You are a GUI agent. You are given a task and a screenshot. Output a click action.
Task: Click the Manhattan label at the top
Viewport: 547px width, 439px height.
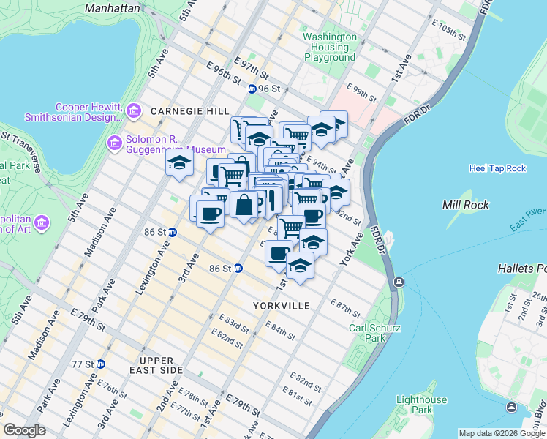tap(112, 9)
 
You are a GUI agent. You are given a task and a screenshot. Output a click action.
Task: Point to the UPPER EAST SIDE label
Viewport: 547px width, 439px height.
tap(146, 366)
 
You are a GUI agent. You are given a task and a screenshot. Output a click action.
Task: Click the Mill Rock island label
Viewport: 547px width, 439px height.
tap(465, 205)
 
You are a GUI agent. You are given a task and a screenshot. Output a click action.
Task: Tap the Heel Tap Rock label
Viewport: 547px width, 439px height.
tap(497, 168)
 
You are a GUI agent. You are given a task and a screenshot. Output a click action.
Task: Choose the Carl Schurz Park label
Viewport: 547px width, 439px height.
tap(374, 334)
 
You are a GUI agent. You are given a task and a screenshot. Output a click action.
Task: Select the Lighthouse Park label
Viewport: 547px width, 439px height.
tap(421, 405)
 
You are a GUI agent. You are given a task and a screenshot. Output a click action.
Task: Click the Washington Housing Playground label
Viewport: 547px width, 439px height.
tap(330, 48)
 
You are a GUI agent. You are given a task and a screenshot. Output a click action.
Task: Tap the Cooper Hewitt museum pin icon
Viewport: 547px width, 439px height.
tap(134, 110)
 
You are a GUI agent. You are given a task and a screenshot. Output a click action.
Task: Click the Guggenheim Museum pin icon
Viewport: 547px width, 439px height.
tap(114, 142)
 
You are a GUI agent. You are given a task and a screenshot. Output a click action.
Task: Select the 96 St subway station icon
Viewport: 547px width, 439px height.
tap(252, 89)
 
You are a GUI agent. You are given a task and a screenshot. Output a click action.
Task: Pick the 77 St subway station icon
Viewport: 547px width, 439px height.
tap(100, 364)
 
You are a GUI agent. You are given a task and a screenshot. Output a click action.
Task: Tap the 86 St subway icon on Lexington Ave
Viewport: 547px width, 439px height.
tap(172, 232)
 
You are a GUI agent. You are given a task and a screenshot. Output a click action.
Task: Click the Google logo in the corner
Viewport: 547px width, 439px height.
tap(24, 430)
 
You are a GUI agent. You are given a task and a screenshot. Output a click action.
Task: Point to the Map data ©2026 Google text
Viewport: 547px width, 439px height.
tap(502, 433)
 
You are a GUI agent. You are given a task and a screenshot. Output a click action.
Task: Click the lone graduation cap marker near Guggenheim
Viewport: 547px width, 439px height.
tap(178, 165)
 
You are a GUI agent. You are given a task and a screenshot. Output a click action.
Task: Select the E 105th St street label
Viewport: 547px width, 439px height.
tap(449, 33)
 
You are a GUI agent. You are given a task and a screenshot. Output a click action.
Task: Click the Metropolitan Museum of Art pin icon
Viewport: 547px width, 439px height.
tap(41, 222)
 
